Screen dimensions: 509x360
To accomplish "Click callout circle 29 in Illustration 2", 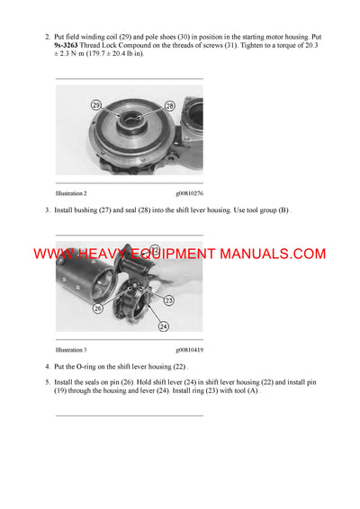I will tap(96, 105).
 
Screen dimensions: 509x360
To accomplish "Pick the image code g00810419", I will tap(189, 349).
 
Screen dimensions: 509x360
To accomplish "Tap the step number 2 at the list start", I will tap(46, 37).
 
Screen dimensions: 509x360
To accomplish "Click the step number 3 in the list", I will tap(46, 210).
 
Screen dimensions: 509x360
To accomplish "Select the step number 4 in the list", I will tap(46, 367).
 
